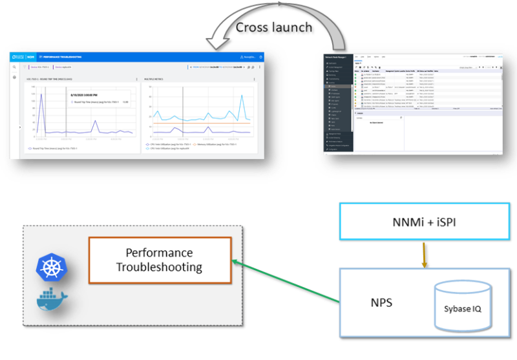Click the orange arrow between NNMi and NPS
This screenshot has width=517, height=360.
[424, 255]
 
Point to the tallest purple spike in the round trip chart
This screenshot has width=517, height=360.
[42, 96]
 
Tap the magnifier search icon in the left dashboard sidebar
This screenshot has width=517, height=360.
[15, 67]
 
